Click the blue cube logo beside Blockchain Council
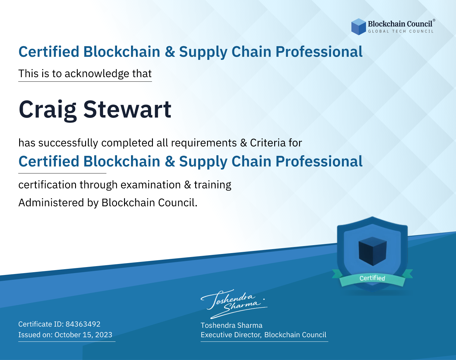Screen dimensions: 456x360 [x=358, y=27]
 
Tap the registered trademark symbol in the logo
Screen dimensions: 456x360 [x=434, y=20]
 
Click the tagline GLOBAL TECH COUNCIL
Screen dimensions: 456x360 [x=401, y=31]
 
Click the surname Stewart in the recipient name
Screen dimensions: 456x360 [x=127, y=109]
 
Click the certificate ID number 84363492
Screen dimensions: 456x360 [x=83, y=324]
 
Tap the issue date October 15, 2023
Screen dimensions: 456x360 [x=83, y=335]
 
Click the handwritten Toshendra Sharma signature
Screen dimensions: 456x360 [x=234, y=304]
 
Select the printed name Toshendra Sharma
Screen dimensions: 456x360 [x=231, y=325]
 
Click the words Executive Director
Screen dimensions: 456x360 [x=230, y=335]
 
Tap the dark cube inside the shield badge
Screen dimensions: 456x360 [x=372, y=251]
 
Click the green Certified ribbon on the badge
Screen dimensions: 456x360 [x=372, y=278]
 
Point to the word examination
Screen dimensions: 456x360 [x=151, y=185]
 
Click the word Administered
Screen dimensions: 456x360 [x=51, y=203]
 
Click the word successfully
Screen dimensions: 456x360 [x=68, y=143]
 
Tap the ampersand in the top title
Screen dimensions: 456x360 [x=170, y=52]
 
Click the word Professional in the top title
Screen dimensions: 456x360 [x=319, y=52]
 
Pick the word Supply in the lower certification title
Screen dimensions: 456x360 [x=203, y=162]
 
